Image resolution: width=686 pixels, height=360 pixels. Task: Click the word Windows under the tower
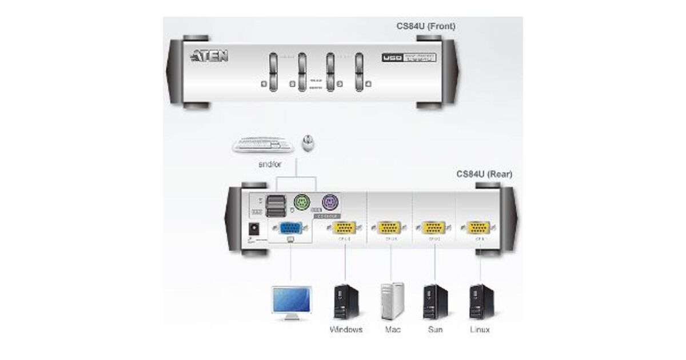tap(346, 330)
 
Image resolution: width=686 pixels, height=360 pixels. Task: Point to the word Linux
tap(479, 330)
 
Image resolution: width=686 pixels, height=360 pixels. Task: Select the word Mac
tap(392, 330)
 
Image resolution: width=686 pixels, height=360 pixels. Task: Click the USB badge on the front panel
tap(392, 57)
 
